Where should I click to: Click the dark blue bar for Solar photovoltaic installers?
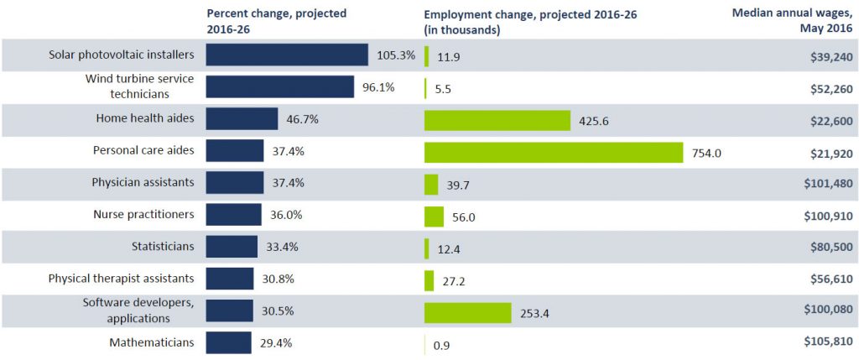click(x=287, y=55)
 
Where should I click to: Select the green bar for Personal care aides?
click(x=554, y=153)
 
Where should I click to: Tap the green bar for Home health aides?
click(x=497, y=120)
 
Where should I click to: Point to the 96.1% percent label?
click(x=377, y=87)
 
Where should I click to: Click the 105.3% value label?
click(x=396, y=55)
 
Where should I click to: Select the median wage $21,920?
click(x=823, y=153)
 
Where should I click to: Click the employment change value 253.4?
click(x=535, y=313)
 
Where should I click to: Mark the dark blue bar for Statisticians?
click(x=232, y=247)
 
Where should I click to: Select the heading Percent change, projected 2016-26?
click(x=276, y=21)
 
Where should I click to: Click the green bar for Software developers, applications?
click(x=467, y=313)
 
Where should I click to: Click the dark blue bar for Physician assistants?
click(x=235, y=183)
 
